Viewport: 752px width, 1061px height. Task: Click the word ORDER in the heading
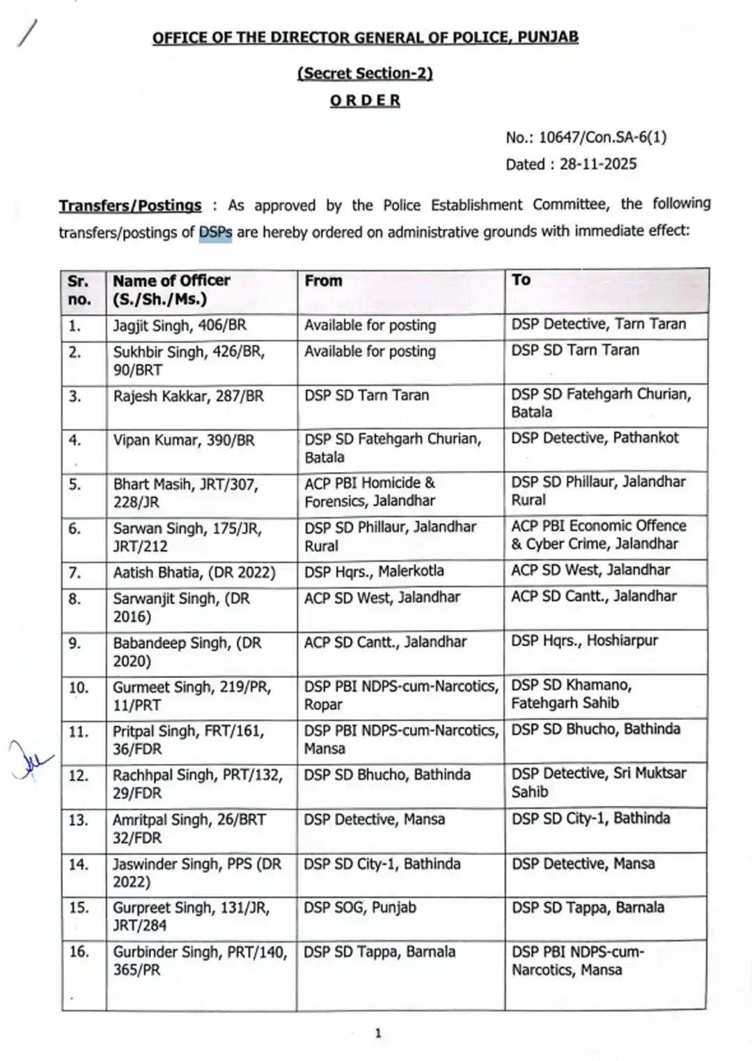click(x=365, y=100)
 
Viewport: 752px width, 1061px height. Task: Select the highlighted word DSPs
click(x=215, y=233)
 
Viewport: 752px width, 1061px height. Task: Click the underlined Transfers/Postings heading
click(x=130, y=206)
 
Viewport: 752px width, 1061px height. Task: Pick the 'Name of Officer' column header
click(x=171, y=281)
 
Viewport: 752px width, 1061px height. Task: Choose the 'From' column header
click(x=323, y=281)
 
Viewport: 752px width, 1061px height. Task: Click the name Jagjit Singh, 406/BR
click(x=180, y=325)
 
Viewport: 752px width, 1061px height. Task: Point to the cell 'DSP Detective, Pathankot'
click(x=595, y=438)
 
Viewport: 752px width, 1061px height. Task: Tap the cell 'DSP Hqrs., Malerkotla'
click(x=374, y=572)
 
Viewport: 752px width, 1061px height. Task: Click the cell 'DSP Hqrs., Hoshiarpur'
click(x=584, y=640)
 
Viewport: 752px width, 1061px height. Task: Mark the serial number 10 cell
click(x=79, y=688)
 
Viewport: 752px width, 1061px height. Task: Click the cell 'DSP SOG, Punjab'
click(x=359, y=908)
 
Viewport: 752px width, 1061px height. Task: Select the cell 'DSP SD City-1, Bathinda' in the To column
click(x=590, y=819)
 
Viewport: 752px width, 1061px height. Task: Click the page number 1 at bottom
click(x=378, y=1033)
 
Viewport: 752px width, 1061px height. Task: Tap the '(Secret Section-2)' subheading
click(x=365, y=73)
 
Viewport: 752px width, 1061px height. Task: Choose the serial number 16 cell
click(x=79, y=951)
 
